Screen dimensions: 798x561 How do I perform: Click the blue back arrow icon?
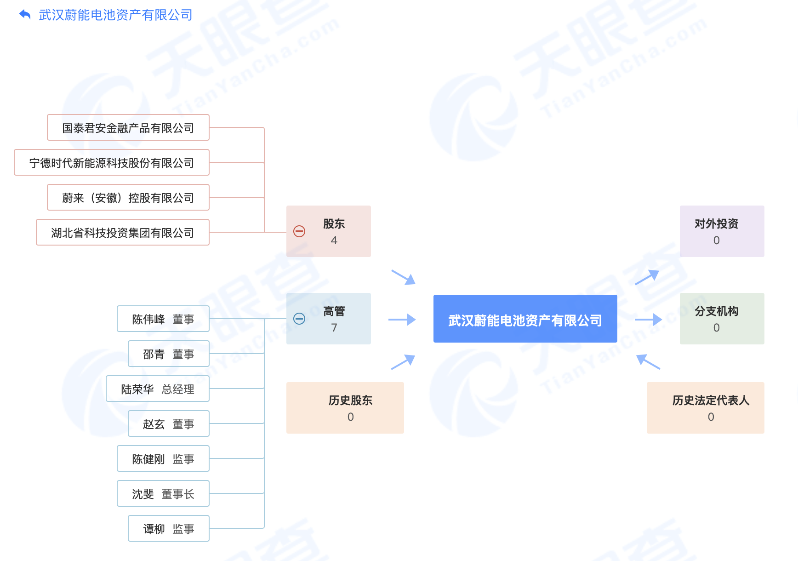point(25,15)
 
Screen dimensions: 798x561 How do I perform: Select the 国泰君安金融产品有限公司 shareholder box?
point(128,127)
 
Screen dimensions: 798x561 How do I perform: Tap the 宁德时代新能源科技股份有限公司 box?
point(112,162)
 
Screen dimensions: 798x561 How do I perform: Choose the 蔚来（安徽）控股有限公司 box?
point(128,197)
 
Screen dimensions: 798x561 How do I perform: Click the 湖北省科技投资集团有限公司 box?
point(123,232)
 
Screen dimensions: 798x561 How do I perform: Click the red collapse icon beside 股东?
point(299,231)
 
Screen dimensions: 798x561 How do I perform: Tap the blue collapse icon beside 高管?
point(299,319)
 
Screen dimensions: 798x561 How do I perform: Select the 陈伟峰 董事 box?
point(163,319)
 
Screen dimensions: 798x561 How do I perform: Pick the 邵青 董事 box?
point(169,354)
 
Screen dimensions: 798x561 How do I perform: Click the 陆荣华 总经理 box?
point(158,389)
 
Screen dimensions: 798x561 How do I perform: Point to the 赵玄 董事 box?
point(169,424)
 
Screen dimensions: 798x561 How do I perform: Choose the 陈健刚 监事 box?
point(163,458)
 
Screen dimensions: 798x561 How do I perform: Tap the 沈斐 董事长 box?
point(163,493)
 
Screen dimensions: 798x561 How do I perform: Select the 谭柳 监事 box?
point(169,528)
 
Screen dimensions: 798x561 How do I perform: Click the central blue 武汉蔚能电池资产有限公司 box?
point(525,319)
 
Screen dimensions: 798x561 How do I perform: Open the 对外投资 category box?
point(722,231)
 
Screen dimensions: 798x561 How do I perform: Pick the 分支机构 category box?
point(722,319)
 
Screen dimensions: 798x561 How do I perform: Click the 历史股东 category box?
point(345,408)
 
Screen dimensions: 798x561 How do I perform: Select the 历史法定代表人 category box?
point(706,408)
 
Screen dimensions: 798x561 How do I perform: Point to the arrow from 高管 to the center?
point(402,320)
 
